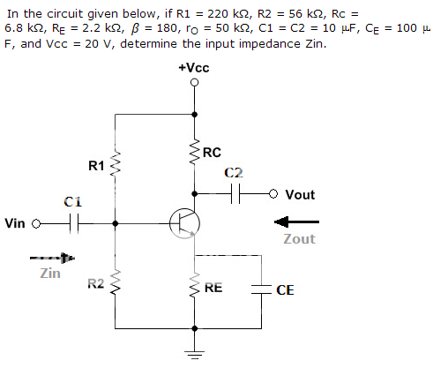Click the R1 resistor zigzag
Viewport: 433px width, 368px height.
[115, 165]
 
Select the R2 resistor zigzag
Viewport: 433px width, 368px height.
[115, 283]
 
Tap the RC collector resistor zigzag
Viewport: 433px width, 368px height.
[194, 153]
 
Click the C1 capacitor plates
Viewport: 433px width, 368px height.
[74, 223]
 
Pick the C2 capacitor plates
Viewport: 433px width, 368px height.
[235, 193]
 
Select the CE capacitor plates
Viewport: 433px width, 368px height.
[261, 289]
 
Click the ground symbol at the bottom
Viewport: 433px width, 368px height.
[195, 355]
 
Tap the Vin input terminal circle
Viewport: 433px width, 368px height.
[36, 224]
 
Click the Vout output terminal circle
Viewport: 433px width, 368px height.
[273, 193]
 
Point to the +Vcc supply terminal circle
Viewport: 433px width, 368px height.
[194, 83]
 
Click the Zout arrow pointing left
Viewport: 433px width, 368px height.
[296, 222]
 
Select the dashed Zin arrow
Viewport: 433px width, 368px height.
[52, 258]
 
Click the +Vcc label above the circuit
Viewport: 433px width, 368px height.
[194, 68]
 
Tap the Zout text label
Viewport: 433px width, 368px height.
[300, 239]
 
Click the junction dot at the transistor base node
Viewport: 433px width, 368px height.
[116, 223]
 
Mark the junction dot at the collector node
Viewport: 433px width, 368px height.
[194, 193]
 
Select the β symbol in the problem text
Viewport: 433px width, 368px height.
[134, 28]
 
